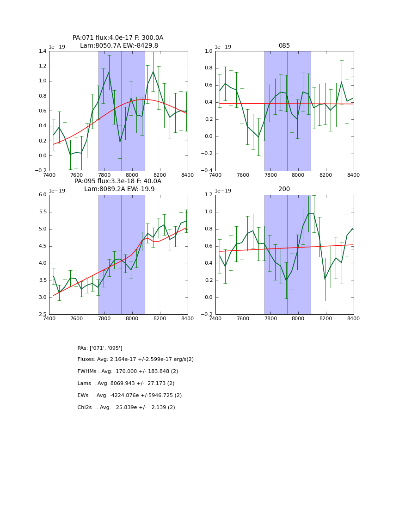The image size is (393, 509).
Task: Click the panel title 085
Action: pos(284,46)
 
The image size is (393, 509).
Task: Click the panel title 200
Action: pos(284,189)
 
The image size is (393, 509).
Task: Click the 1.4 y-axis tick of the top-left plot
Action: pos(42,51)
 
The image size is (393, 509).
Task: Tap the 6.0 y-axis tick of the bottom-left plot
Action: pos(42,195)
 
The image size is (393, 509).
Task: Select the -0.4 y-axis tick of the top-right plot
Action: pos(207,171)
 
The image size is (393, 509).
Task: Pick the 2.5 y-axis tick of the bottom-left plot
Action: pos(42,314)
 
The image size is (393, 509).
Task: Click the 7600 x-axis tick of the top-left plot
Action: pos(77,175)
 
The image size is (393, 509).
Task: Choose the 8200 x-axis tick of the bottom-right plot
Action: pos(326,318)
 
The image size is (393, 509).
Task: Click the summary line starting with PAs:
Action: pos(100,348)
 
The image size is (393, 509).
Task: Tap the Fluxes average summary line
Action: pos(135,360)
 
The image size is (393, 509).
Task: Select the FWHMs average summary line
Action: pos(128,372)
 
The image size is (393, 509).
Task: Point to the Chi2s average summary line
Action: pos(126,408)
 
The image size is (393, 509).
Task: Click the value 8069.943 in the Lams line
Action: pos(125,384)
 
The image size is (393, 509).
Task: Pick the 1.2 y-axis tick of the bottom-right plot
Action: pos(209,195)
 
